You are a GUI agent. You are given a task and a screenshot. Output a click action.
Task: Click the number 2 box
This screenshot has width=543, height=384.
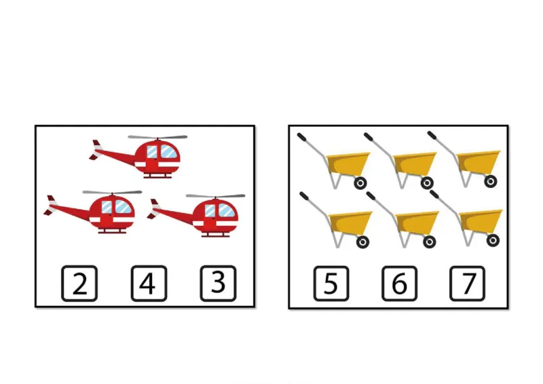[79, 283]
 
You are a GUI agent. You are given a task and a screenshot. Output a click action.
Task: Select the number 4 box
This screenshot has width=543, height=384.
[149, 283]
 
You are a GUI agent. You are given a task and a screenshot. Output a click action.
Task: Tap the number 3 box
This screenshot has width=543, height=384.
[218, 283]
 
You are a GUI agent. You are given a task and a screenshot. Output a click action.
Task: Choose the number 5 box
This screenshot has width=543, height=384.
[331, 283]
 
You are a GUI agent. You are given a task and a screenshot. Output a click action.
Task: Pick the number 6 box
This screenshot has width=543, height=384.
[399, 283]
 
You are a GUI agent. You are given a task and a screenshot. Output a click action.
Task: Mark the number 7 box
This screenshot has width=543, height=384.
[467, 283]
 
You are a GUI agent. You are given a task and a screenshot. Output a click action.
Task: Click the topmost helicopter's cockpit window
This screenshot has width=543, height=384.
[168, 152]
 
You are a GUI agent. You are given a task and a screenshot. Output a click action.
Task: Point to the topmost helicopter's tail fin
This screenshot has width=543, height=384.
[96, 150]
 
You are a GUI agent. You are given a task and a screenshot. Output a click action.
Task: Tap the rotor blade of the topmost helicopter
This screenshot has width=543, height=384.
[157, 137]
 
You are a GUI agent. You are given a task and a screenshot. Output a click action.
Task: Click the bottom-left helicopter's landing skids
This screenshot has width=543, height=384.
[112, 231]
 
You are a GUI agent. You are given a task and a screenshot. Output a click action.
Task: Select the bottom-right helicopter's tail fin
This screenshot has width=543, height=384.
[154, 209]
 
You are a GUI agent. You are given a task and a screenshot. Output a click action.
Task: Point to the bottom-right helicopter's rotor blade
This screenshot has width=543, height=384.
[215, 196]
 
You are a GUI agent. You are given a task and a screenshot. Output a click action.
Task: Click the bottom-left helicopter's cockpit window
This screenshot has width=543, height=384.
[123, 207]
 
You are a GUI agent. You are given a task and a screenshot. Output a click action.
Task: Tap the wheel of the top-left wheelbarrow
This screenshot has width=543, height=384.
[360, 183]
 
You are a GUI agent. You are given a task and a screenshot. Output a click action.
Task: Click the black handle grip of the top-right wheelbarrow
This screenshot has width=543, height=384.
[432, 136]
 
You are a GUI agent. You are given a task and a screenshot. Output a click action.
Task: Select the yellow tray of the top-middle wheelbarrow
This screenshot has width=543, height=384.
[415, 163]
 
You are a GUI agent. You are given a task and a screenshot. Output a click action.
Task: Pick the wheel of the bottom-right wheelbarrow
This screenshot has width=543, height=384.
[493, 240]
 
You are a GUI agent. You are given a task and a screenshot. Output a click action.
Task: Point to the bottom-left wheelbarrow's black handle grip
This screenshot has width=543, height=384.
[303, 196]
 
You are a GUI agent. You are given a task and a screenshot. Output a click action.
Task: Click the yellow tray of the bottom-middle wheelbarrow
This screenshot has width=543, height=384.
[417, 223]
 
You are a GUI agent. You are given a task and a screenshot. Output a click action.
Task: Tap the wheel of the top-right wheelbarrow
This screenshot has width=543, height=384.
[490, 181]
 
